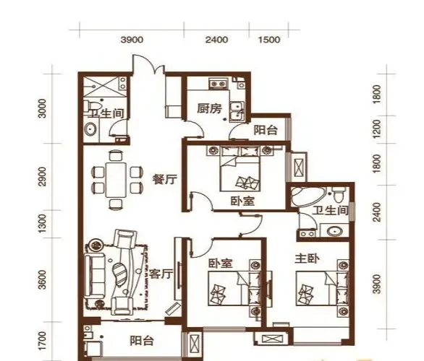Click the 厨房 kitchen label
pyautogui.click(x=209, y=108)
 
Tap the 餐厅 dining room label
pyautogui.click(x=165, y=178)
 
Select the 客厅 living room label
pyautogui.click(x=161, y=274)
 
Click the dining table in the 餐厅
pyautogui.click(x=116, y=180)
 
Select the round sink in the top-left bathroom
pyautogui.click(x=90, y=129)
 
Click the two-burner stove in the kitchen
pyautogui.click(x=219, y=84)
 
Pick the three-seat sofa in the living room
pyautogui.click(x=94, y=276)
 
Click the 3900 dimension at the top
pyautogui.click(x=132, y=40)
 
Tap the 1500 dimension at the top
pyautogui.click(x=268, y=40)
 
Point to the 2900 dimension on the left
pyautogui.click(x=42, y=176)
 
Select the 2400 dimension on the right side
pyautogui.click(x=376, y=212)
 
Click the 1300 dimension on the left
pyautogui.click(x=42, y=225)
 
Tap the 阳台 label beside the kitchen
pyautogui.click(x=266, y=130)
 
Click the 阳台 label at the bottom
pyautogui.click(x=142, y=341)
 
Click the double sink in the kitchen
pyautogui.click(x=237, y=111)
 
